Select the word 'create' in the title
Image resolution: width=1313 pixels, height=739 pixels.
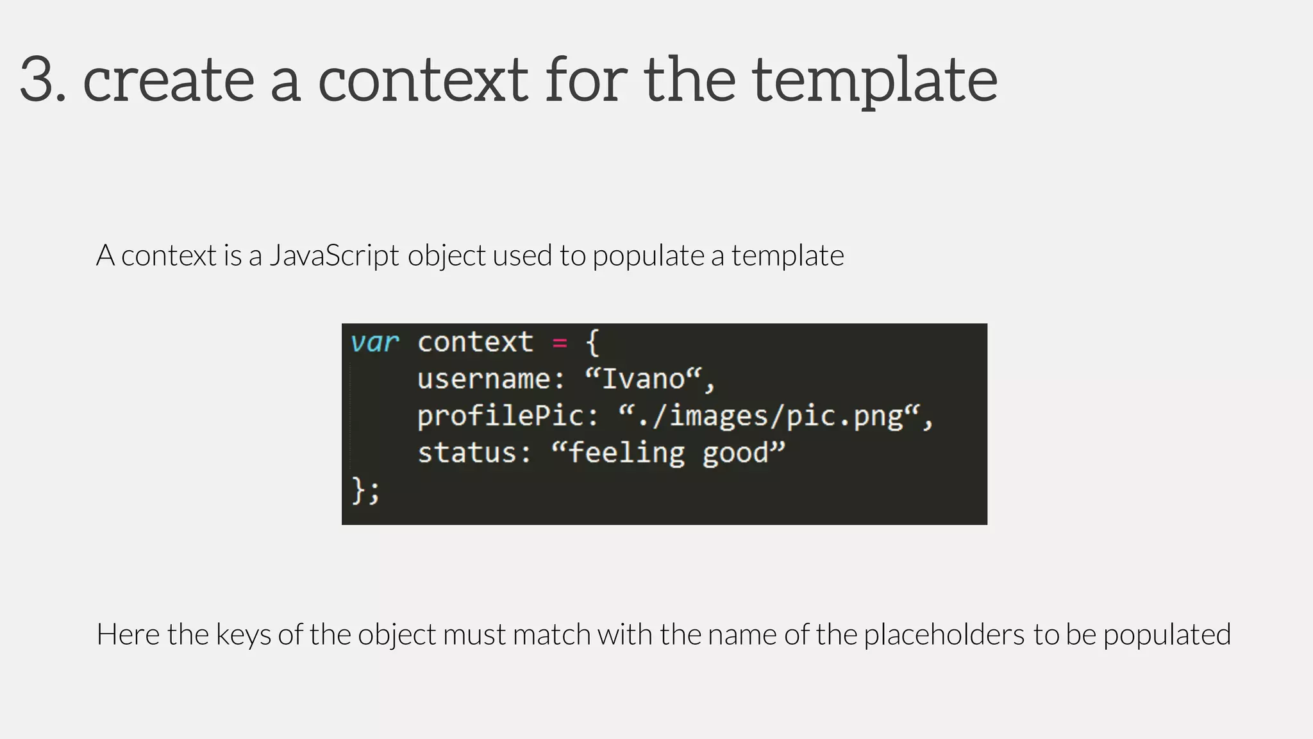169,80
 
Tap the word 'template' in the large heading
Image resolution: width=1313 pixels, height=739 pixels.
874,80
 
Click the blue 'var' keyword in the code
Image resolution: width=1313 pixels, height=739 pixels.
374,343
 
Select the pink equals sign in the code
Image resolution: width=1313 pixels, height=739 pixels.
560,343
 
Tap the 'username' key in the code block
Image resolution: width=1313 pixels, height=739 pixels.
485,379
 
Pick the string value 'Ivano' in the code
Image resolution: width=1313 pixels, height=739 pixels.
644,379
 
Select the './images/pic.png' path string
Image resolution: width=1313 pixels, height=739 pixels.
769,416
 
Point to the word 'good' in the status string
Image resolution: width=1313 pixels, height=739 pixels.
735,453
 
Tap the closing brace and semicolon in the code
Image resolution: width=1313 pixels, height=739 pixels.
365,491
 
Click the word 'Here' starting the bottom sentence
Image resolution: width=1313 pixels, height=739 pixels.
128,634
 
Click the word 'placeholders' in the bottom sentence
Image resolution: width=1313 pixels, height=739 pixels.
944,634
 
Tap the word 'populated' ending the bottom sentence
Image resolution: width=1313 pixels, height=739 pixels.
1167,634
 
